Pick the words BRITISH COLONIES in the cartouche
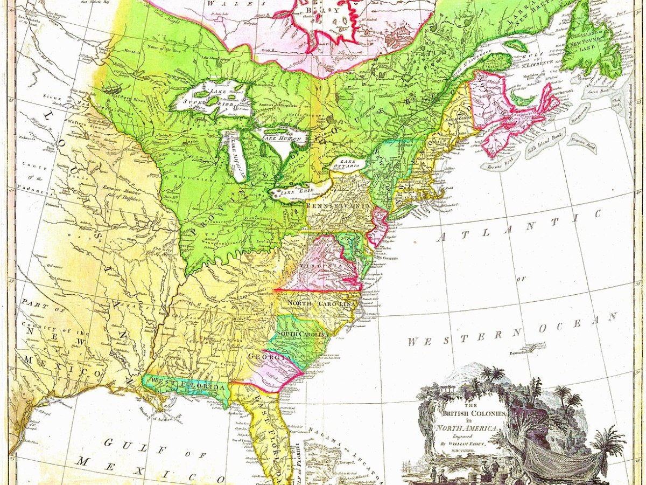point(474,413)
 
